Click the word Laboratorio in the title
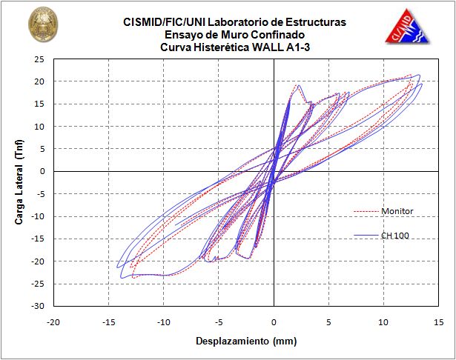coord(237,23)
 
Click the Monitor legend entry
coord(397,211)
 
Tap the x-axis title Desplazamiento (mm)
coord(236,341)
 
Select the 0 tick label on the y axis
coord(42,171)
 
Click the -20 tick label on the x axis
coord(53,322)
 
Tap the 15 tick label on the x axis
coord(439,322)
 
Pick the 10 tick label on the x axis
coord(383,322)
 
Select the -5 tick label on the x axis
coord(218,322)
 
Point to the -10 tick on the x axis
coord(163,322)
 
